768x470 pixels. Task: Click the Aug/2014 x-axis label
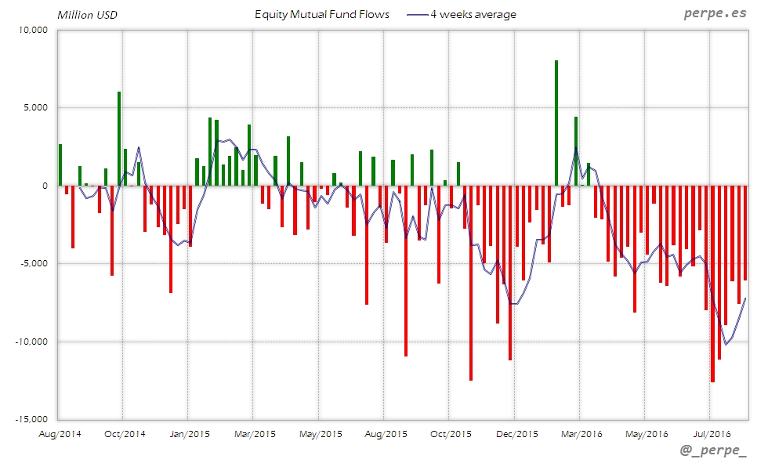pos(60,433)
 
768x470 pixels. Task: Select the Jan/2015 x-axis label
pos(188,433)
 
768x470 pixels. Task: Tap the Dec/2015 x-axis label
pos(517,433)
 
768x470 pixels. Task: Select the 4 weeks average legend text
pos(473,15)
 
